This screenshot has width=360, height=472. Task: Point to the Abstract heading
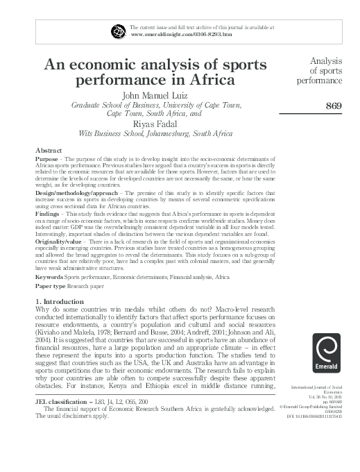click(48, 151)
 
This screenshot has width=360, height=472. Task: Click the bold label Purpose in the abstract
click(47, 159)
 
